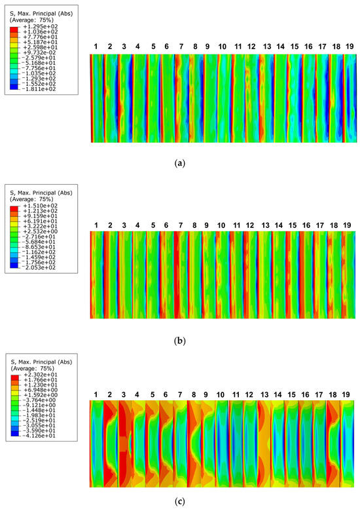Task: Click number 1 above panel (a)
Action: click(96, 47)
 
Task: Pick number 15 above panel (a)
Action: click(295, 47)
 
